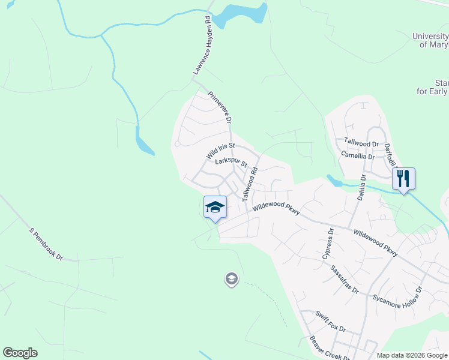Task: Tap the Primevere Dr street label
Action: [220, 107]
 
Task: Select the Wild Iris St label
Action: [220, 150]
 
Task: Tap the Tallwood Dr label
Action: [361, 143]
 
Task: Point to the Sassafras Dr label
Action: [345, 280]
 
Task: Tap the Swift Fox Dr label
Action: [331, 322]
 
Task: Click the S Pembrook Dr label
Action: [46, 243]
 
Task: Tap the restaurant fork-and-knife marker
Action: [403, 178]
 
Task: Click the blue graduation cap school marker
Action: [215, 207]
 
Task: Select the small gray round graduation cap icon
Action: [231, 278]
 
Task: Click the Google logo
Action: [20, 353]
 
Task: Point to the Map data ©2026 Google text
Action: [411, 355]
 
